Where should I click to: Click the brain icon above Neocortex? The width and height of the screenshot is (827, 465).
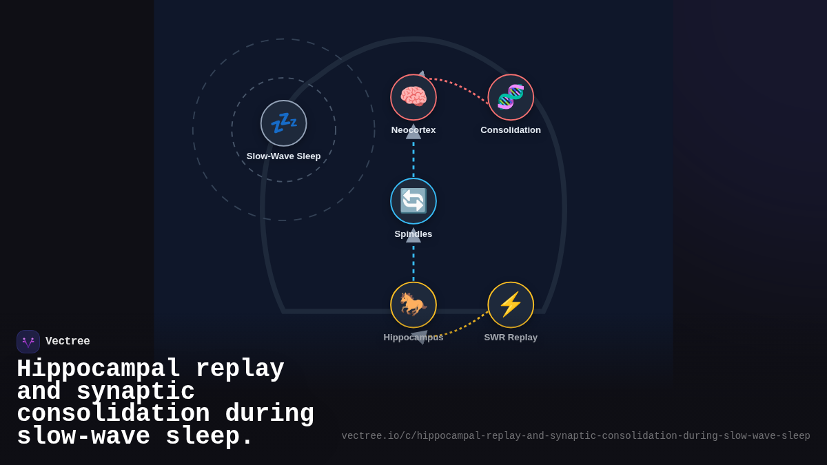tap(413, 97)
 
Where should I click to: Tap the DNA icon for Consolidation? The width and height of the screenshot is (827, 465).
tap(511, 97)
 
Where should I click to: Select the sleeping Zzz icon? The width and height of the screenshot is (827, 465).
tap(283, 123)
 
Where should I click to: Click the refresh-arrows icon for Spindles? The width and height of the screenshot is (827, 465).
tap(413, 201)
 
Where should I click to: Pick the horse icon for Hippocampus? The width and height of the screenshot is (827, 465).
tap(413, 304)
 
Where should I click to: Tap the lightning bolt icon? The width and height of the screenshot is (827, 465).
tap(511, 304)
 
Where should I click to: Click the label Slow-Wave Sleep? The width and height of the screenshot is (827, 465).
tap(283, 156)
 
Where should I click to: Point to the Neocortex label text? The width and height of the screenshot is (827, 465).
tap(413, 130)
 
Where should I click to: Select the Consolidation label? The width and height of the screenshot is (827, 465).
tap(511, 130)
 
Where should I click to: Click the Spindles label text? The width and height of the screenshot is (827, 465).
tap(413, 234)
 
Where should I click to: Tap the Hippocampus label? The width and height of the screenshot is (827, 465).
tap(413, 338)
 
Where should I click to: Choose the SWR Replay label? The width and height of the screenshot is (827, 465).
tap(511, 338)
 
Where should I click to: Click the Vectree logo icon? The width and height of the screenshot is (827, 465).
tap(28, 342)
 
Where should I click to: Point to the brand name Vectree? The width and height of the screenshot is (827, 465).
tap(68, 342)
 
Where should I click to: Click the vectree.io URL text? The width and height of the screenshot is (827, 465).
tap(575, 436)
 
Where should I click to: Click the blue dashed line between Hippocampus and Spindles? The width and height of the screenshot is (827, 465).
tap(413, 262)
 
